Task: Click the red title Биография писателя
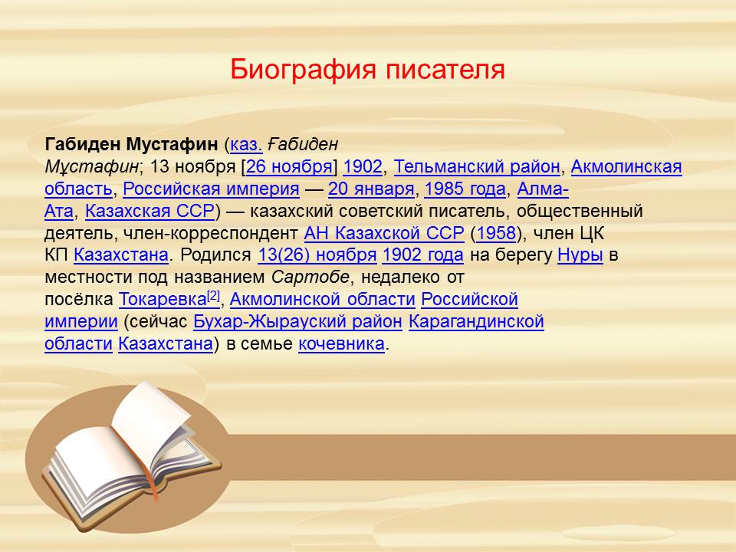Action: tap(367, 70)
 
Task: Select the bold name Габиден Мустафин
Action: tap(131, 144)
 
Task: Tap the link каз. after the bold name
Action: tap(246, 144)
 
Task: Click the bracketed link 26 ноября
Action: tap(289, 166)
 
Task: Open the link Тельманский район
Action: tap(477, 166)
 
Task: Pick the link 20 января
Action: tap(371, 189)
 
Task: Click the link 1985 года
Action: tap(465, 189)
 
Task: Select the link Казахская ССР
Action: tap(149, 211)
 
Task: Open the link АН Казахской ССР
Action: tap(384, 233)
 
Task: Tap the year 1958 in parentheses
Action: tap(496, 233)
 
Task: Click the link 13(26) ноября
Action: tap(317, 255)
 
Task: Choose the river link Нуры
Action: tap(580, 255)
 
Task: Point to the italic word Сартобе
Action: tap(310, 277)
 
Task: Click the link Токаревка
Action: tap(163, 300)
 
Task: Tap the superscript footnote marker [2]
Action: tap(214, 295)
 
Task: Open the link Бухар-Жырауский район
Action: tap(297, 321)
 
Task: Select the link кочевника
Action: tap(342, 343)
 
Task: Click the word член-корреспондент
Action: tap(211, 233)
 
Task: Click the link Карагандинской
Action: tap(476, 321)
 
